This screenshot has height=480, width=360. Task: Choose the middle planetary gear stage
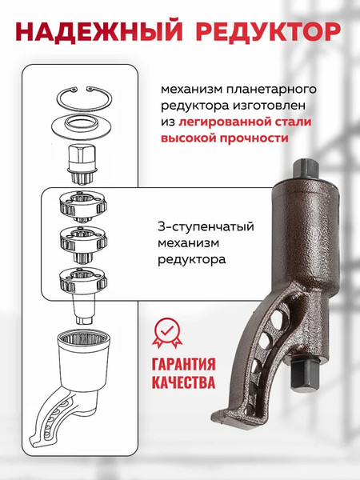tap(84, 239)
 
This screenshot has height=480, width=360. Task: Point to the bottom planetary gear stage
tap(83, 279)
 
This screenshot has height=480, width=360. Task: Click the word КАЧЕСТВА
tap(182, 382)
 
